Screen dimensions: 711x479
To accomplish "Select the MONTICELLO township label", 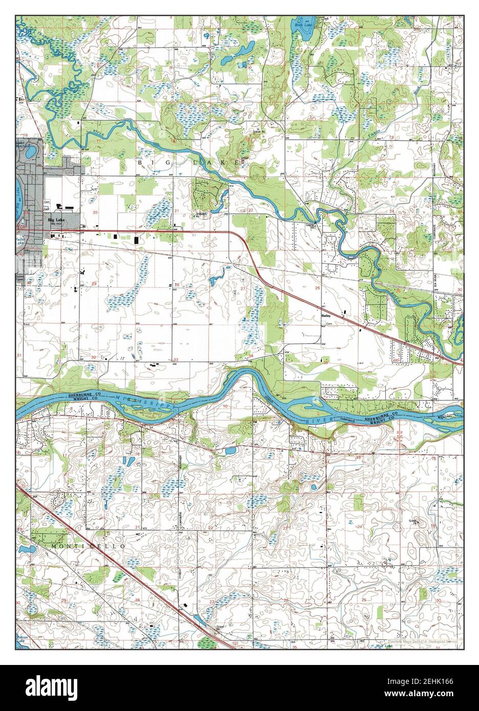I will click(88, 547).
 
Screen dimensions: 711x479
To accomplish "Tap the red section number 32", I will click(94, 357).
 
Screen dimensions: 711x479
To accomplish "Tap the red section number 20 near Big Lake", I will click(95, 211).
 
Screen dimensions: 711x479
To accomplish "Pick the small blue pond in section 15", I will click(230, 451).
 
